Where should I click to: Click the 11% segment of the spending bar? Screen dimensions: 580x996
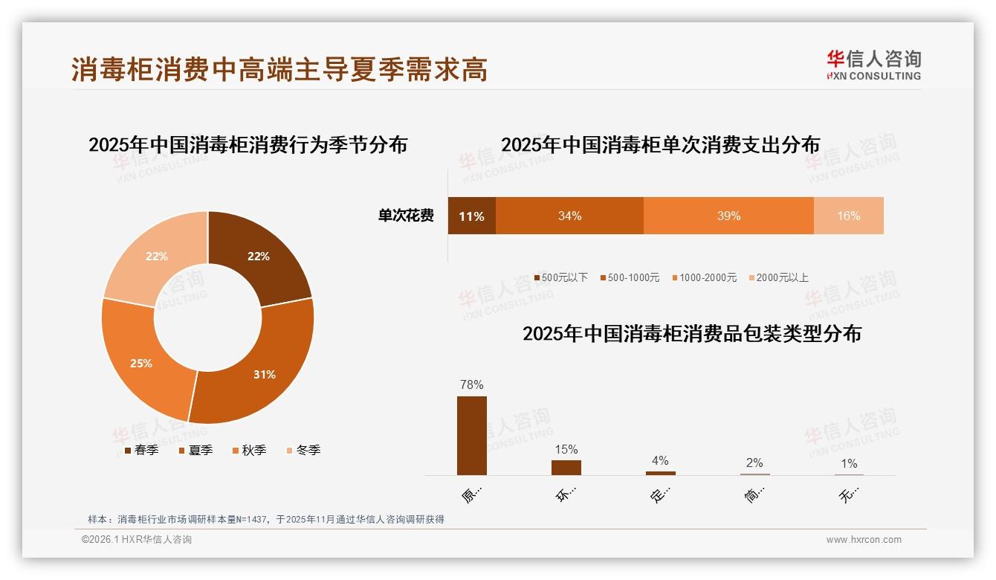click(x=471, y=216)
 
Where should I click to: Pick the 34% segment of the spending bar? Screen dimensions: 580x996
click(x=569, y=216)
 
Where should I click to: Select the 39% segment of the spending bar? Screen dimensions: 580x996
click(x=728, y=216)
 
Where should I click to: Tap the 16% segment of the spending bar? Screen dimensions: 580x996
click(x=848, y=216)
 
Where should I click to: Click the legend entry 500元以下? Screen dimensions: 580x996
click(x=560, y=277)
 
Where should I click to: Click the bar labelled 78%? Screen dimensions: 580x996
click(x=472, y=435)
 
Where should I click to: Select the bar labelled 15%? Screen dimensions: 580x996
click(x=566, y=467)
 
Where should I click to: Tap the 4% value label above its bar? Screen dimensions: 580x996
click(x=660, y=460)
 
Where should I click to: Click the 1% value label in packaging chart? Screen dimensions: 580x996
click(x=849, y=463)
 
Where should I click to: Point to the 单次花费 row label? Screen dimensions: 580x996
click(x=406, y=216)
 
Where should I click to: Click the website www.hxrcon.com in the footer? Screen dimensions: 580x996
click(x=864, y=540)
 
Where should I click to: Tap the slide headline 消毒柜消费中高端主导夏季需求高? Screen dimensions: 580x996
click(x=279, y=70)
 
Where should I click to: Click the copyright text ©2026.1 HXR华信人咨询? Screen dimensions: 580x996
click(x=137, y=540)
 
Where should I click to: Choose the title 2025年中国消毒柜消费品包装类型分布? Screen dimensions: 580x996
click(x=691, y=334)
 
